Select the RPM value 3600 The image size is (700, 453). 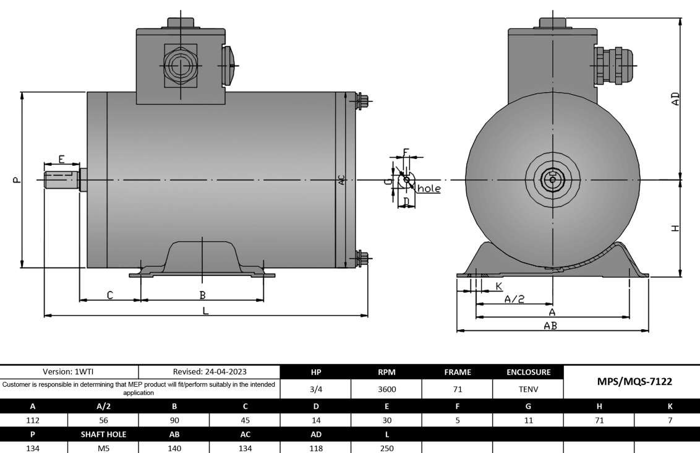[x=386, y=390]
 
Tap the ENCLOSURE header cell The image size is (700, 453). [x=528, y=372]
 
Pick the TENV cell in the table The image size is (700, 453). [x=528, y=390]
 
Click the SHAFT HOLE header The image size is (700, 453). [x=105, y=435]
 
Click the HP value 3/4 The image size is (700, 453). [x=315, y=390]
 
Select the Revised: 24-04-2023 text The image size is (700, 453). [x=210, y=372]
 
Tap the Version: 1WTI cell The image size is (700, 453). [x=70, y=372]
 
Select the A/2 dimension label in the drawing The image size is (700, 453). [x=514, y=299]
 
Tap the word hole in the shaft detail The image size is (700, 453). [x=429, y=188]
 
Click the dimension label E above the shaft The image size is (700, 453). [x=61, y=159]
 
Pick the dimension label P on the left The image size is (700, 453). [x=17, y=180]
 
